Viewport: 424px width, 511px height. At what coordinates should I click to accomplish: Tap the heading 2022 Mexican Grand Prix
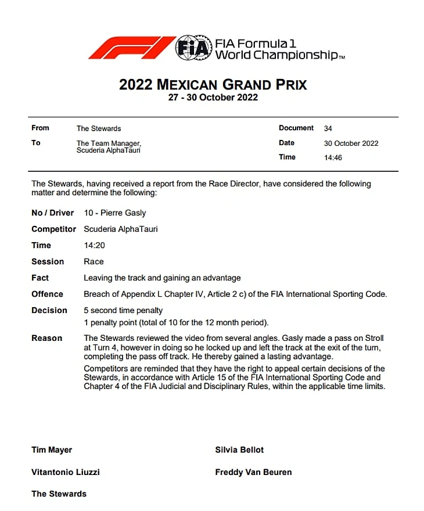[x=213, y=85]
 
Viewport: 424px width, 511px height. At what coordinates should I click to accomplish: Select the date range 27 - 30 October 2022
[x=213, y=98]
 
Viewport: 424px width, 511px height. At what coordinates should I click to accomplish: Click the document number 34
[x=328, y=128]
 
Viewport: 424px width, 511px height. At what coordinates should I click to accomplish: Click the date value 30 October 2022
[x=351, y=143]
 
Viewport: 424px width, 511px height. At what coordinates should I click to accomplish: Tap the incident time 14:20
[x=94, y=245]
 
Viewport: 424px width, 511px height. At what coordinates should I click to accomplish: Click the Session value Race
[x=94, y=261]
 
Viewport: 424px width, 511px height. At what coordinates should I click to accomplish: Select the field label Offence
[x=47, y=294]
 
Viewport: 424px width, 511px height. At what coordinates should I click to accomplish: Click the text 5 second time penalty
[x=123, y=310]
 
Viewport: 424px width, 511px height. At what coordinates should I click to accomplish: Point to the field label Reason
[x=46, y=338]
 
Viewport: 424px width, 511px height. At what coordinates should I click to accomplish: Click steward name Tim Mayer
[x=52, y=449]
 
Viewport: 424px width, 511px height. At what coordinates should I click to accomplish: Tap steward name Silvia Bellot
[x=239, y=449]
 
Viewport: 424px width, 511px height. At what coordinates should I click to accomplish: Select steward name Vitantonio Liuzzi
[x=66, y=472]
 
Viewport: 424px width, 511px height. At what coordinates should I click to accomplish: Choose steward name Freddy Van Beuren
[x=253, y=472]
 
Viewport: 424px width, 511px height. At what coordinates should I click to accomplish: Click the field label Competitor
[x=53, y=229]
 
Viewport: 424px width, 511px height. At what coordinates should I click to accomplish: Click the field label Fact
[x=40, y=278]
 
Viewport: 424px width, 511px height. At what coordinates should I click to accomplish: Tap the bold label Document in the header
[x=296, y=128]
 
